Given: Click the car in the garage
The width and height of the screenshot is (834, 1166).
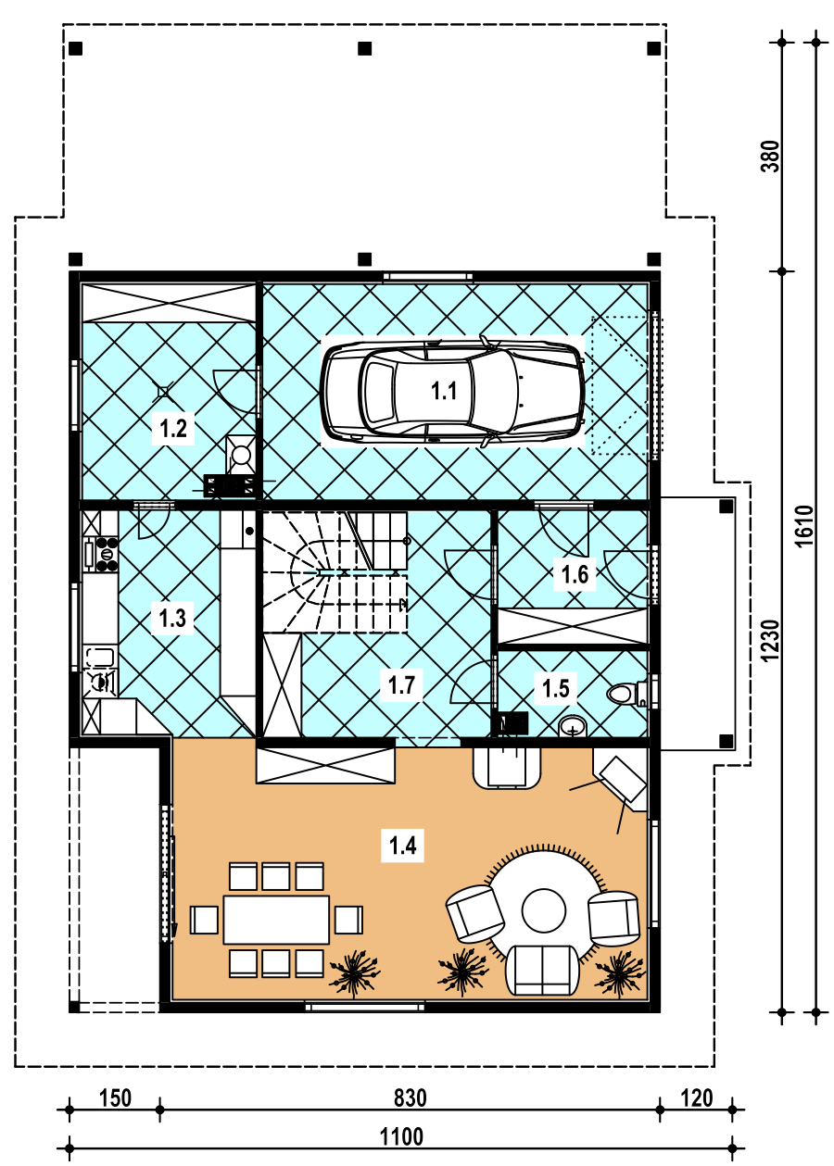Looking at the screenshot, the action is pyautogui.click(x=452, y=391).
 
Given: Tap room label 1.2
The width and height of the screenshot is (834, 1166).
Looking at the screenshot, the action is pyautogui.click(x=173, y=429).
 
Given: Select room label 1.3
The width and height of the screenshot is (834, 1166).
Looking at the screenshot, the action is pyautogui.click(x=172, y=618).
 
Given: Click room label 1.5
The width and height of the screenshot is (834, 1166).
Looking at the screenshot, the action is pyautogui.click(x=556, y=688).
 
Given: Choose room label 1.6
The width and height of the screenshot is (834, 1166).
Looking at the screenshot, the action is pyautogui.click(x=575, y=574).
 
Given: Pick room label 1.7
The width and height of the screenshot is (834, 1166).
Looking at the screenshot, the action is pyautogui.click(x=401, y=684).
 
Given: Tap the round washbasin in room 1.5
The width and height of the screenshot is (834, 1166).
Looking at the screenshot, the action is pyautogui.click(x=573, y=727).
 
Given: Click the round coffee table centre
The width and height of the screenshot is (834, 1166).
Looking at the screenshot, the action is pyautogui.click(x=543, y=911).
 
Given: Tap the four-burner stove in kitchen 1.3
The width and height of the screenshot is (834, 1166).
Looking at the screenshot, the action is pyautogui.click(x=107, y=554).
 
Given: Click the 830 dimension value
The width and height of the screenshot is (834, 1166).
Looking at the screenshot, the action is pyautogui.click(x=410, y=1098).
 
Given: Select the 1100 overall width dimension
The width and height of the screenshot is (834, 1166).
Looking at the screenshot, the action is pyautogui.click(x=401, y=1137).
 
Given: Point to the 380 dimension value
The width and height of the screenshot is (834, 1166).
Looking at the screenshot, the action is pyautogui.click(x=770, y=157).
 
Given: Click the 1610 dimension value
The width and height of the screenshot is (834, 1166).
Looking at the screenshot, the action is pyautogui.click(x=805, y=526).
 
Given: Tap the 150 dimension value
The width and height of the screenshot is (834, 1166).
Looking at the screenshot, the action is pyautogui.click(x=115, y=1098).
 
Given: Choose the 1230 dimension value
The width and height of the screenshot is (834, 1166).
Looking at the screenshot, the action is pyautogui.click(x=770, y=641).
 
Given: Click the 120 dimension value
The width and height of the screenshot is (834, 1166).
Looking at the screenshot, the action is pyautogui.click(x=697, y=1098).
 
